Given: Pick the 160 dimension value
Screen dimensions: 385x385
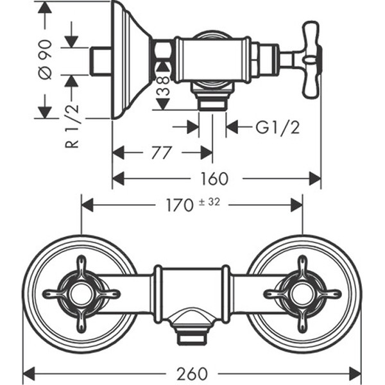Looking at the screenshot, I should pos(214,178).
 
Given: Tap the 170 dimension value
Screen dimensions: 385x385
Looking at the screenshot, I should pos(179,205).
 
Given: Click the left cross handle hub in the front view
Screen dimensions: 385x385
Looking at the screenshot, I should pos(81,294).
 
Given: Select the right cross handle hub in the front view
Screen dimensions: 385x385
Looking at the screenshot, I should pos(302,294).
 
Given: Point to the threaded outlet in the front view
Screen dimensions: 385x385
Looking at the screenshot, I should pos(191,334).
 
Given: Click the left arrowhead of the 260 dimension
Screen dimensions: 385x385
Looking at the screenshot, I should pos(30,373).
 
